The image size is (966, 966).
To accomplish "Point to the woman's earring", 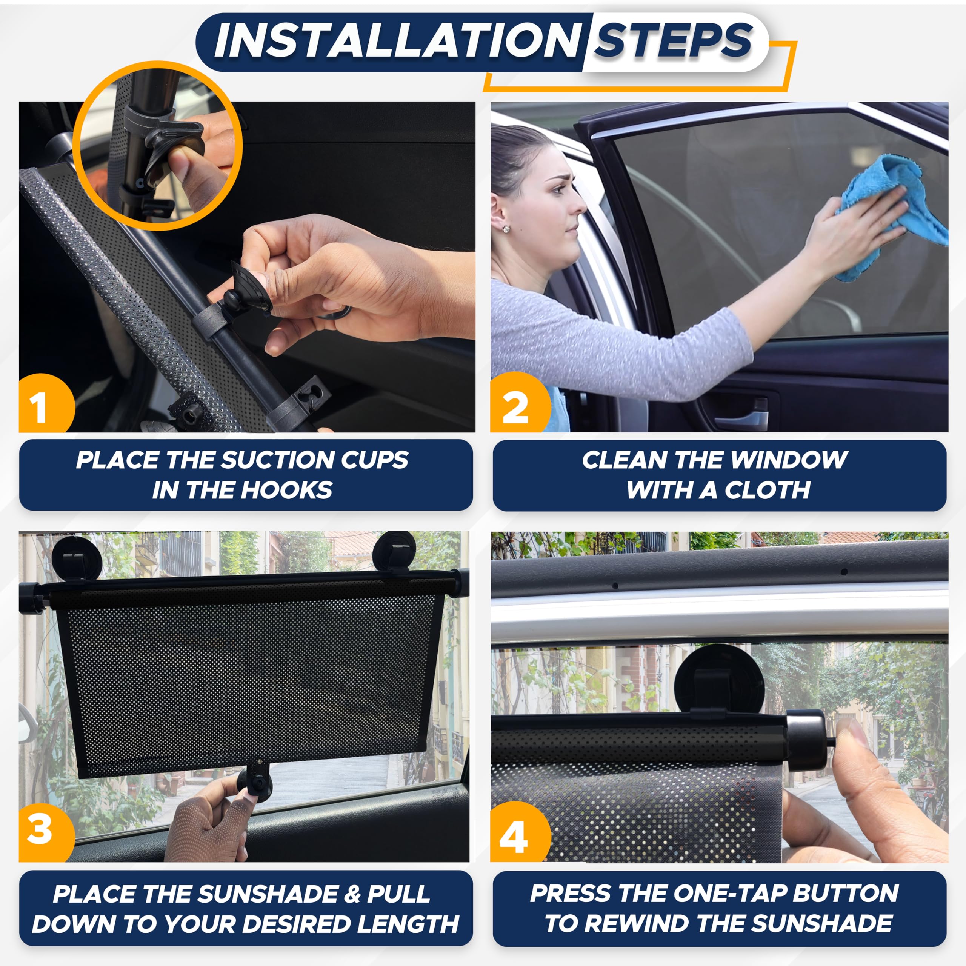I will [506, 229].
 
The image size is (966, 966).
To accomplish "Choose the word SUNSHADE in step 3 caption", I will [268, 894].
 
